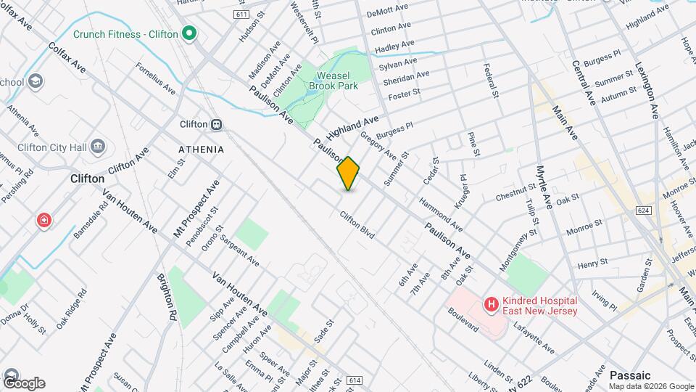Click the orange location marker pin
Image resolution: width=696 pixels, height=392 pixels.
point(349,173)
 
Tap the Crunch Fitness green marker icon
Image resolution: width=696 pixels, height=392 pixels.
point(189,33)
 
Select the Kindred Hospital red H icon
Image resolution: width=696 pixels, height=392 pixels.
point(492,305)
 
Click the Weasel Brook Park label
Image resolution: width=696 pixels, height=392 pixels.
point(333,81)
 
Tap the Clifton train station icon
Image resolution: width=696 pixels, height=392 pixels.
point(216,124)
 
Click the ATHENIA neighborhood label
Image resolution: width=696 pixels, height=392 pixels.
point(201,149)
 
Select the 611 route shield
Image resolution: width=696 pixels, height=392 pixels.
point(241,15)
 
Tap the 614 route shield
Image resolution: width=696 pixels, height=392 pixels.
point(354,380)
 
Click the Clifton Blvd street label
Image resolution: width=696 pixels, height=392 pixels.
point(357,225)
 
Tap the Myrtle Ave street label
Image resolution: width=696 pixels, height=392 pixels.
point(544,187)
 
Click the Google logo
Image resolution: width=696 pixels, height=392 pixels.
point(23,383)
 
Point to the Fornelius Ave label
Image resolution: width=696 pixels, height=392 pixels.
point(156,78)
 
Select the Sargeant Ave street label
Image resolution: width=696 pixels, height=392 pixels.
point(239,248)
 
